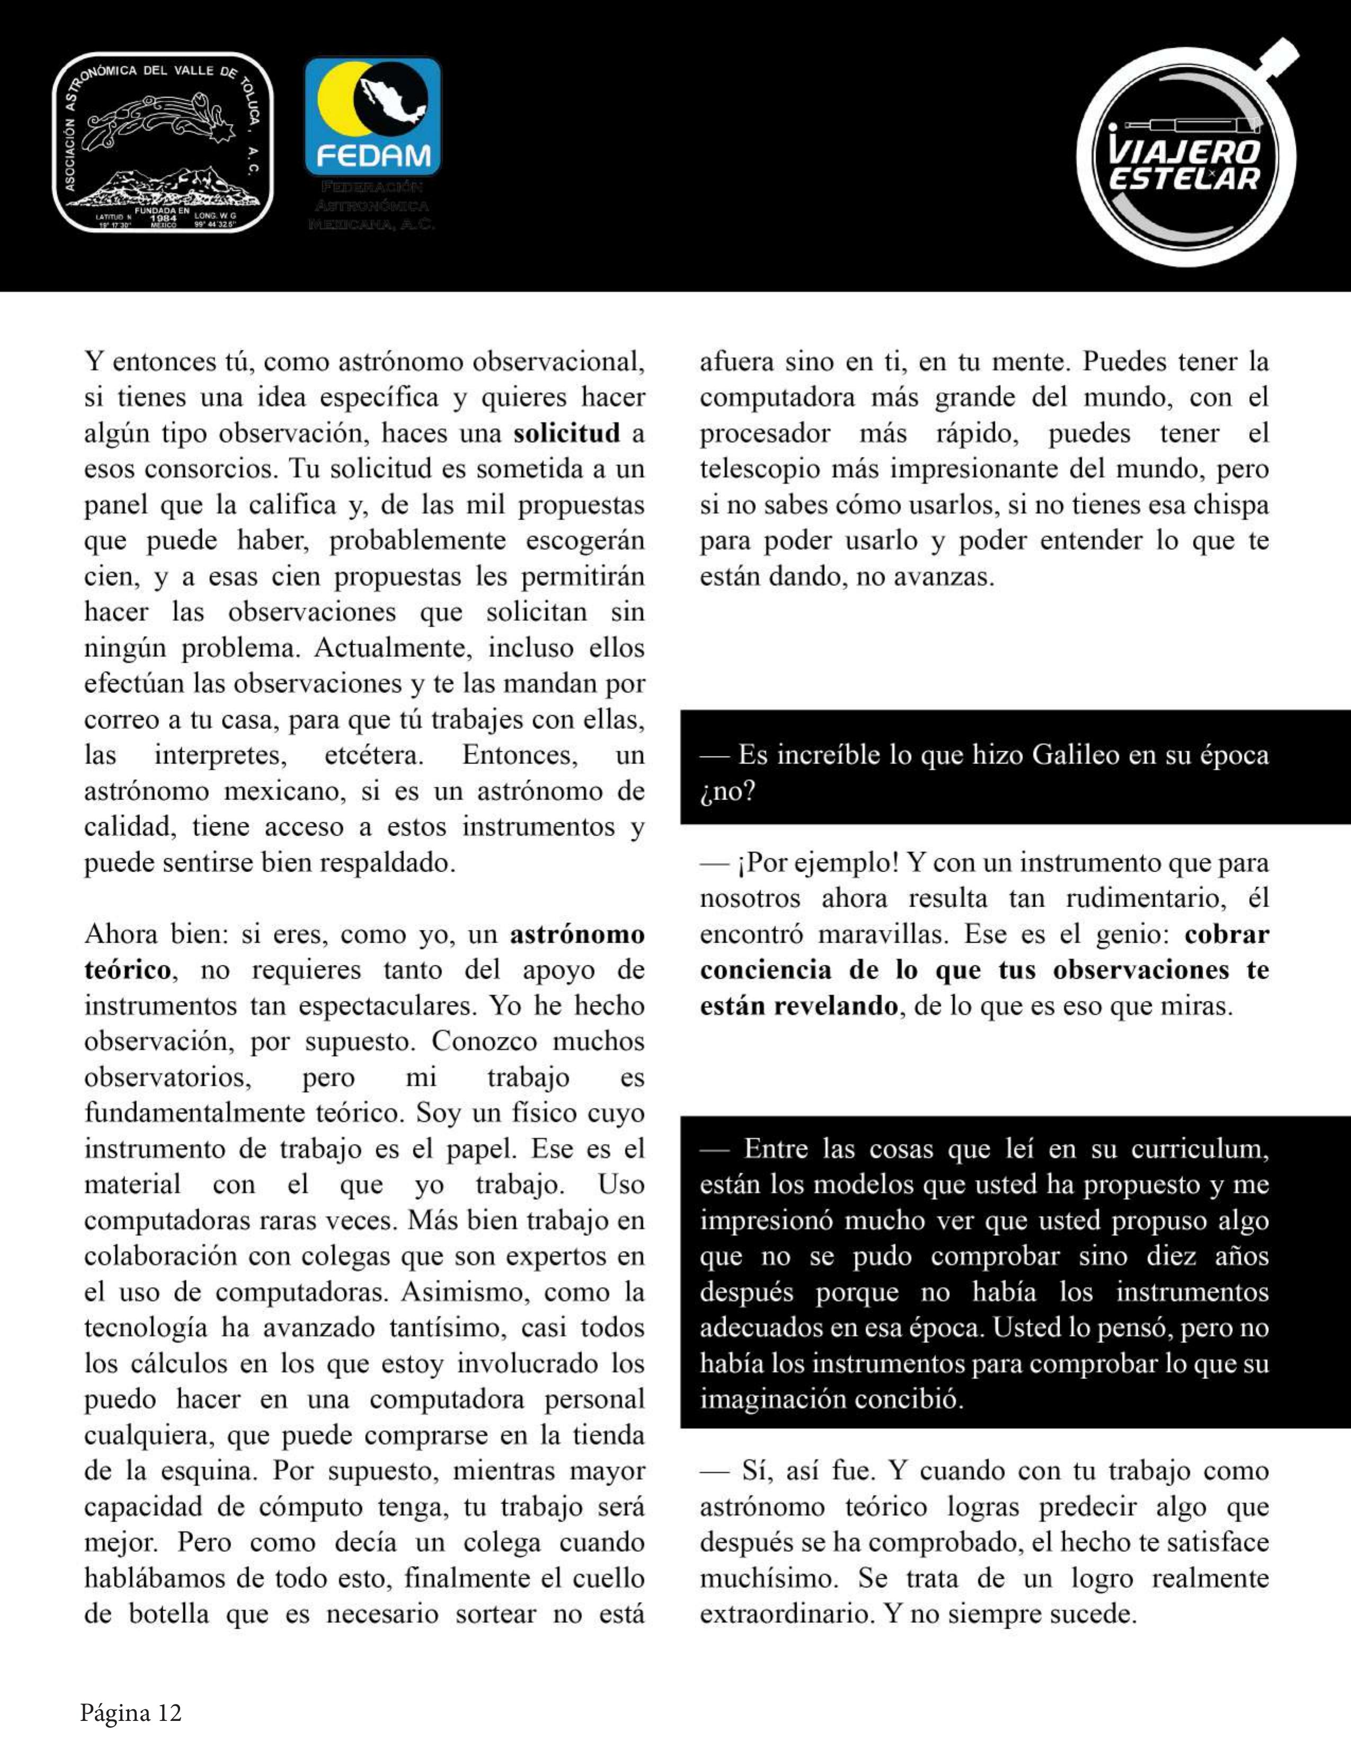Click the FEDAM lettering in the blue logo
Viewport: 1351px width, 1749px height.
click(x=373, y=155)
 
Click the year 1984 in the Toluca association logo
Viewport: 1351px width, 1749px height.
click(x=163, y=218)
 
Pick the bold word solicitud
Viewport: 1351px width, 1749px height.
click(x=567, y=433)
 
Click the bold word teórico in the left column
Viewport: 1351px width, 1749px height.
click(x=127, y=970)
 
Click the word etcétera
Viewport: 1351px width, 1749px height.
click(x=373, y=755)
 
